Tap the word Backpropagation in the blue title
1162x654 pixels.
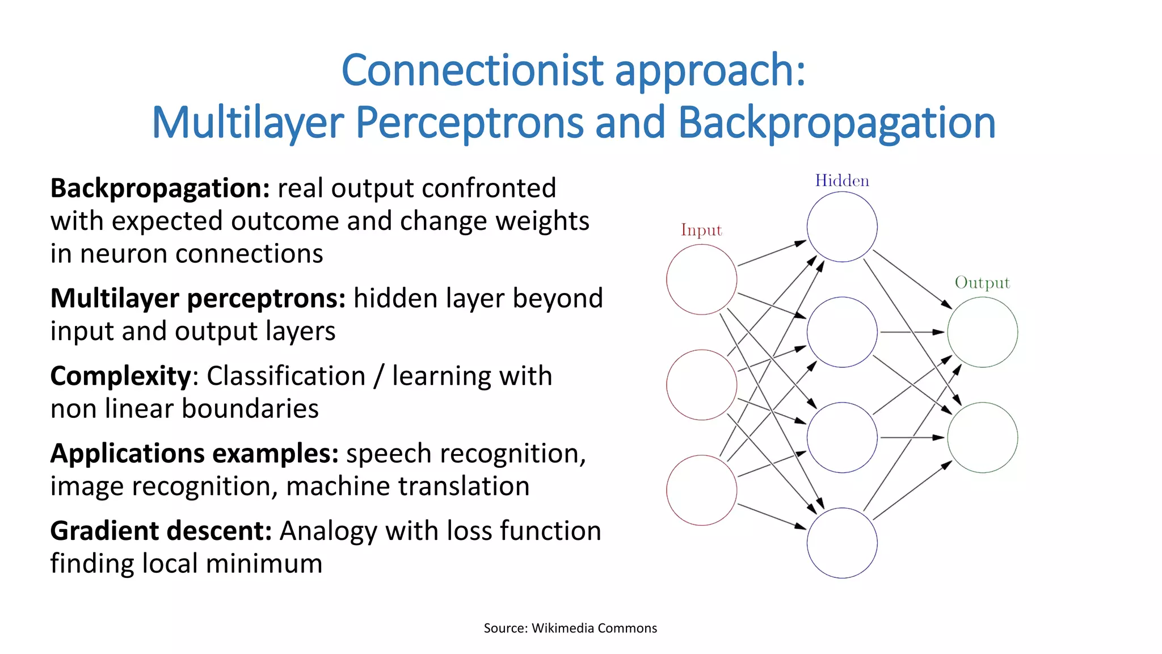tap(836, 123)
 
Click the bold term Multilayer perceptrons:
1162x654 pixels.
tap(198, 299)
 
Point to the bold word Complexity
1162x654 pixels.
tap(121, 376)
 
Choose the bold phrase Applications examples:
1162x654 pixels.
tap(194, 454)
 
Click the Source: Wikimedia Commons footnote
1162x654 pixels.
tap(570, 628)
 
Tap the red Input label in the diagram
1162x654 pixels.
tap(701, 230)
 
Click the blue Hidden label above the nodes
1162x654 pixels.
tap(842, 181)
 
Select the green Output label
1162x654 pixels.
tap(982, 283)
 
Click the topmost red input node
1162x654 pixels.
tap(702, 279)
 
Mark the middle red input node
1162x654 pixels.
tap(702, 385)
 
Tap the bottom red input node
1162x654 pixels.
tap(702, 491)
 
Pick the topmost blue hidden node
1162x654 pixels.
tap(842, 227)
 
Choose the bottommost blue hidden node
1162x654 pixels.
tap(842, 543)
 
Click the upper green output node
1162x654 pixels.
tap(982, 332)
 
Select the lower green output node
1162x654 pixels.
tap(982, 438)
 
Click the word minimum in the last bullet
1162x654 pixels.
tap(264, 564)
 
